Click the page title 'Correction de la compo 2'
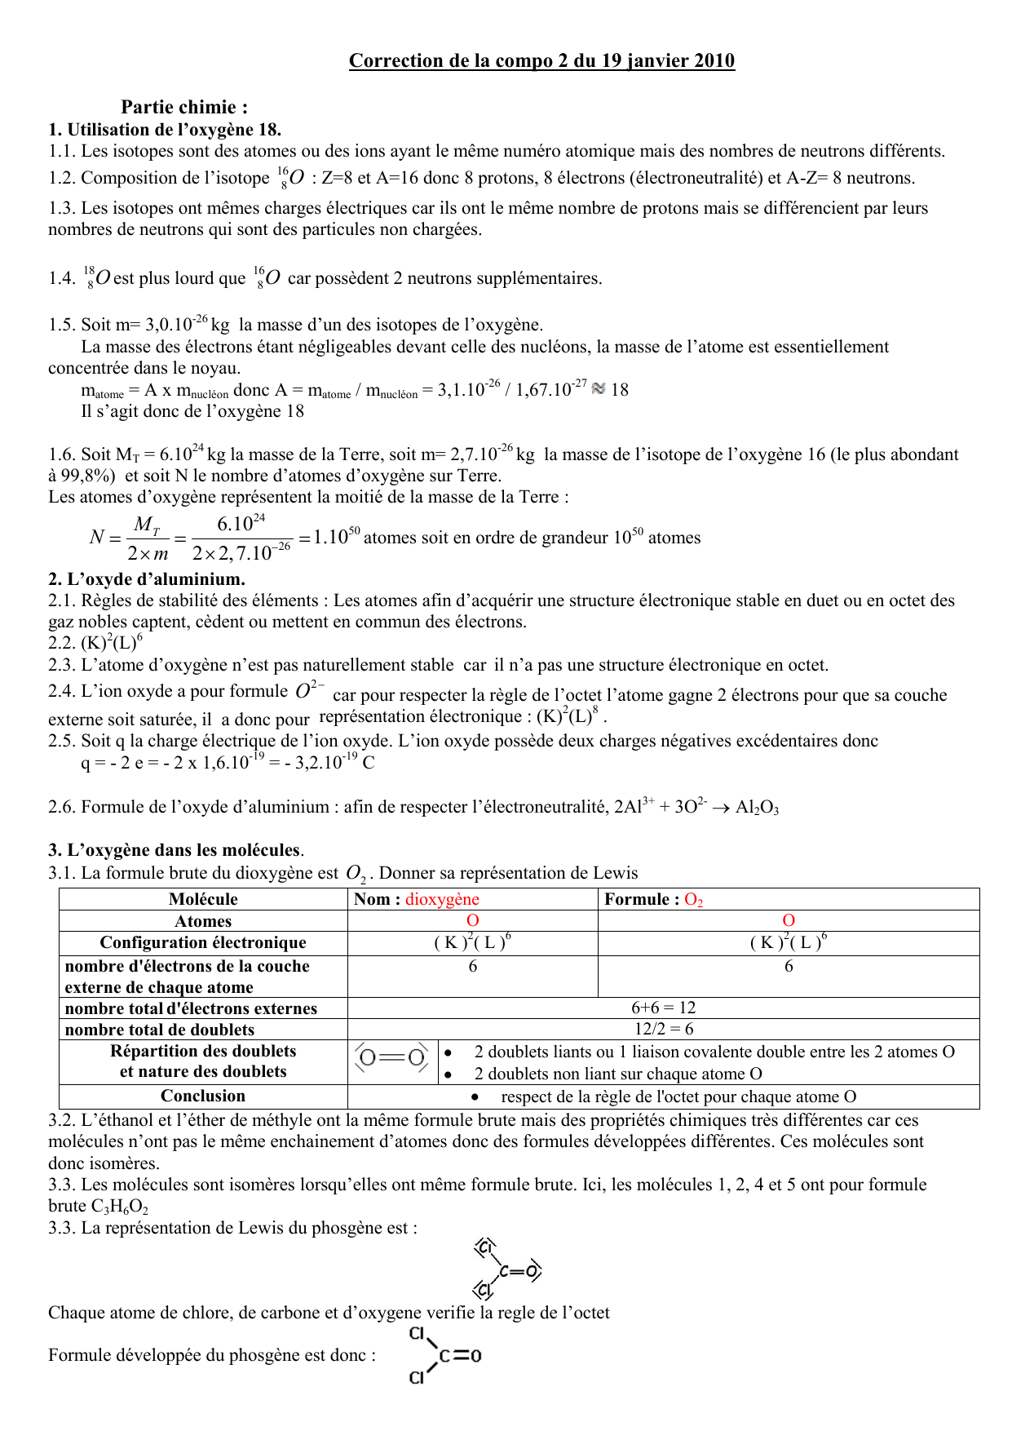point(541,60)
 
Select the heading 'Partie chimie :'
point(184,107)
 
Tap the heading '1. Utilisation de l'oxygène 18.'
point(165,129)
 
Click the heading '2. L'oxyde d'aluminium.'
point(147,579)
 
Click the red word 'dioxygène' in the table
point(442,899)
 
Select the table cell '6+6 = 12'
point(663,1008)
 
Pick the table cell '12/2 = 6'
point(663,1029)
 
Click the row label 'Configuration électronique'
point(203,942)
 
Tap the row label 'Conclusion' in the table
point(203,1096)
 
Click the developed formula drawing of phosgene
point(444,1355)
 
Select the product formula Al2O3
point(757,808)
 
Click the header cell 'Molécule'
point(203,899)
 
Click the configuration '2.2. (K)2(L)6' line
point(95,642)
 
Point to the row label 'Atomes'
point(203,921)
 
